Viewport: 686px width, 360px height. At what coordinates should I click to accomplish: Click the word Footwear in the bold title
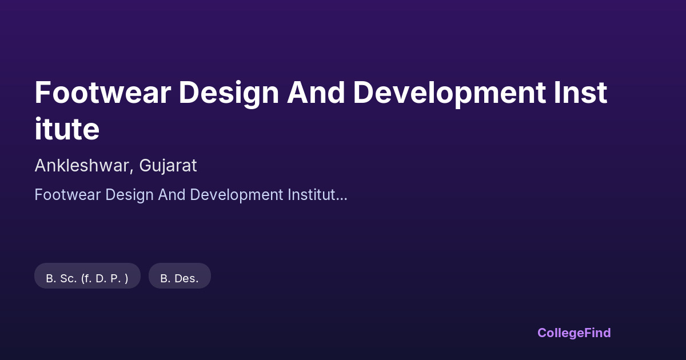102,93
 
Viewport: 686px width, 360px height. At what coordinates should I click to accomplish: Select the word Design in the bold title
229,94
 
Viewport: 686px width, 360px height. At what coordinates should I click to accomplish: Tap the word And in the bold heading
316,93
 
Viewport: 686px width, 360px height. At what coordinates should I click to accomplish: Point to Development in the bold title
449,94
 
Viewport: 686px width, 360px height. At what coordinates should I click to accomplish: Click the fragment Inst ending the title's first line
580,93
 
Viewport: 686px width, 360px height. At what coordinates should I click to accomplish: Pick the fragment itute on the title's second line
67,129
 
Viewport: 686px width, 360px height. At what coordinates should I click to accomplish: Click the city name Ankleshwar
82,166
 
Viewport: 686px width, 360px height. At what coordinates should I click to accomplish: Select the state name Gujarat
168,166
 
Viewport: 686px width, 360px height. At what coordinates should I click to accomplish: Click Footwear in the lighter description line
67,195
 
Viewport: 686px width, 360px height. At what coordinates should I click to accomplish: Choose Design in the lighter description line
129,195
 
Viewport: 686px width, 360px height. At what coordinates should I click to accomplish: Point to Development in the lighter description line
236,195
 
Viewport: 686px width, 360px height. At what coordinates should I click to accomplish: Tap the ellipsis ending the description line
341,199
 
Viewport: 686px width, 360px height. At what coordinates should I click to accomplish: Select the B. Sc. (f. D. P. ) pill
87,276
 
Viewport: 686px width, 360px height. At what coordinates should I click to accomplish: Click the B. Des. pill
180,276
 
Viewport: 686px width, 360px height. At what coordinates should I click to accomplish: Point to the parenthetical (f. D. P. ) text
105,279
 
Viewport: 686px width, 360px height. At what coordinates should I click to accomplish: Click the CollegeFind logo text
574,333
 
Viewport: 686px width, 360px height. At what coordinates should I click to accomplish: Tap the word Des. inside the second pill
186,279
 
